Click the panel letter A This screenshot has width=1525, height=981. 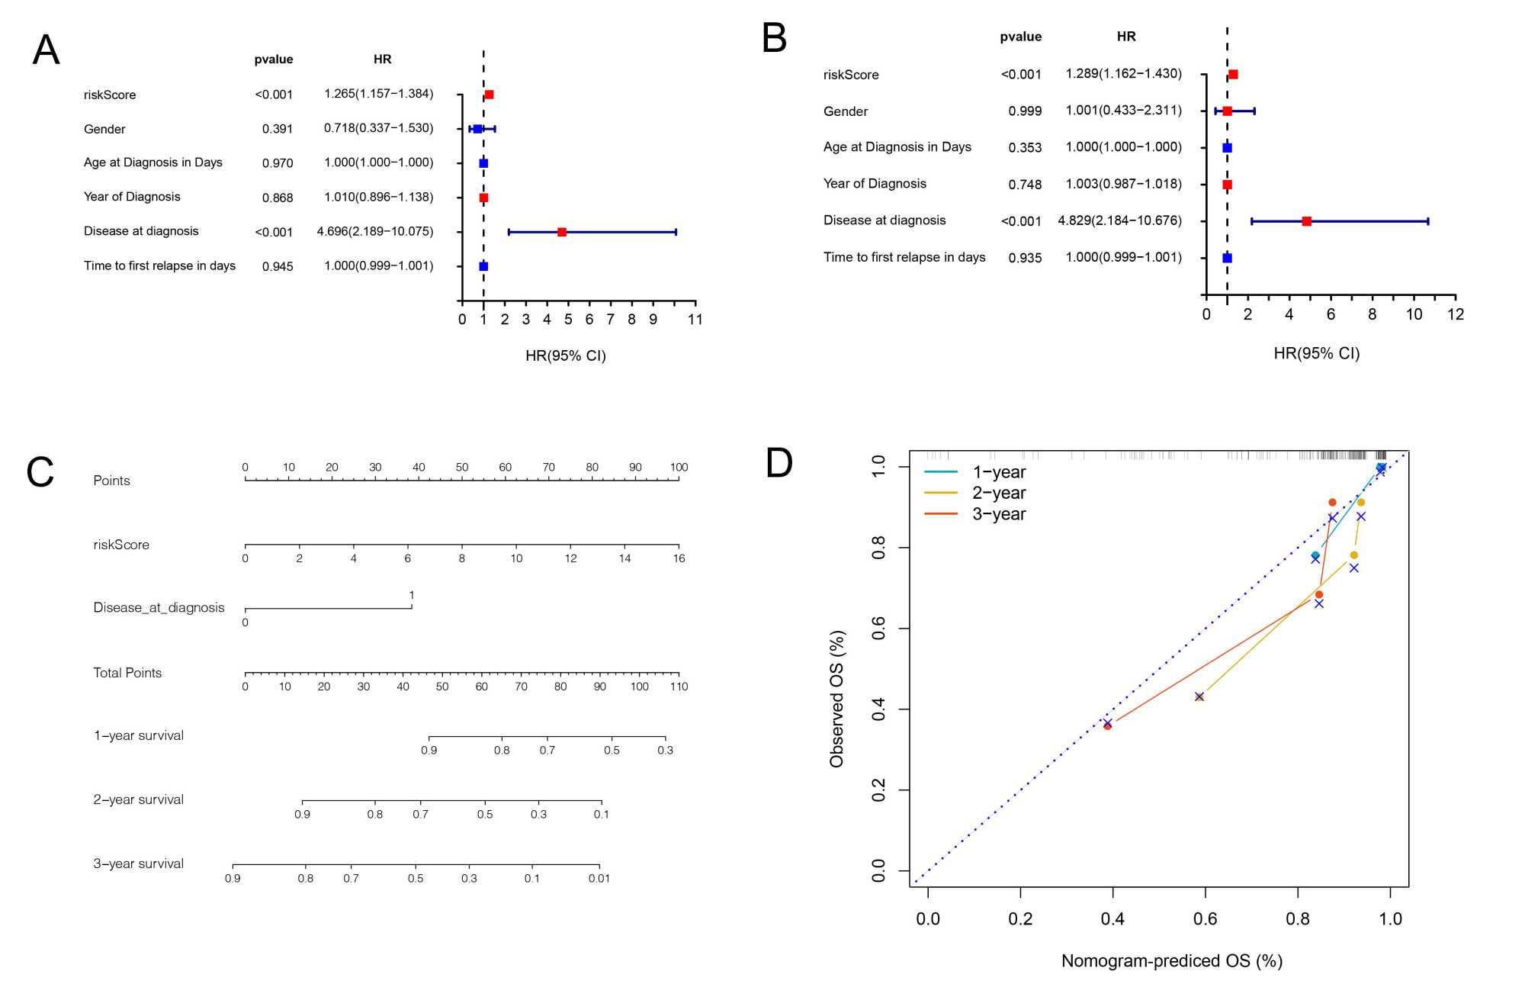(x=46, y=50)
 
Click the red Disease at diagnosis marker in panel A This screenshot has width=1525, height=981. (x=562, y=232)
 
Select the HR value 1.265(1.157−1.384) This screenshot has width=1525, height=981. (x=378, y=94)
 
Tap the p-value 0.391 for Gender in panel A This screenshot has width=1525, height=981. (x=278, y=129)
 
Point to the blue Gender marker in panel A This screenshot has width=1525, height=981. (x=477, y=129)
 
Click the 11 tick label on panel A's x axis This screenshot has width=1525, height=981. (x=695, y=320)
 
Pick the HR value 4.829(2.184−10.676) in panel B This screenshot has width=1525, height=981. (x=1119, y=220)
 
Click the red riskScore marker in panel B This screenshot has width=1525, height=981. (x=1233, y=75)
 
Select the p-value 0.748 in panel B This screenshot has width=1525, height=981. (x=1025, y=185)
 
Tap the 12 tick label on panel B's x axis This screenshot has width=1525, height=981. (x=1455, y=314)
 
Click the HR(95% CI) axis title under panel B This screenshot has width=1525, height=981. (x=1316, y=353)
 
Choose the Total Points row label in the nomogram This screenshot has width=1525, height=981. (x=127, y=673)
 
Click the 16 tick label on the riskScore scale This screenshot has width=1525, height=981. (x=679, y=558)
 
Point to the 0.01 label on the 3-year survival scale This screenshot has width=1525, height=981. (x=599, y=879)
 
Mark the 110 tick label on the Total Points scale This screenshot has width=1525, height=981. (x=679, y=687)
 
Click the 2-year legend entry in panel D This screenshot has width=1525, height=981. (x=998, y=493)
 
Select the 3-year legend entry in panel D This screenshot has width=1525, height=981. (x=998, y=514)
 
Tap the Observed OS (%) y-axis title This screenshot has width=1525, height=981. (x=837, y=699)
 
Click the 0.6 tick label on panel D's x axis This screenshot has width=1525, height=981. (x=1205, y=919)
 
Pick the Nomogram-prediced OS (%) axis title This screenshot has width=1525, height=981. (x=1171, y=961)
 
